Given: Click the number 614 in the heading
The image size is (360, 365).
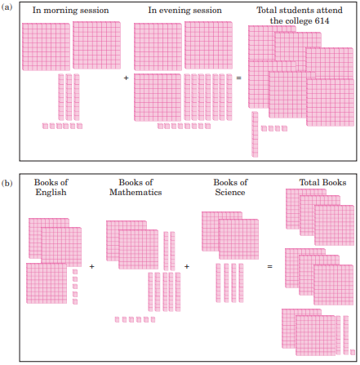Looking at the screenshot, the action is click(322, 21).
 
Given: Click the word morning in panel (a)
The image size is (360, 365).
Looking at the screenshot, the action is click(63, 11).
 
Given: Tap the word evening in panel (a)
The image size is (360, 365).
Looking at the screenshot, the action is click(175, 11).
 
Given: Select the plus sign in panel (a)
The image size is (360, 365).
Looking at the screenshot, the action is click(126, 78).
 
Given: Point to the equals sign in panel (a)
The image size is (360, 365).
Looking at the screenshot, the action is click(239, 78).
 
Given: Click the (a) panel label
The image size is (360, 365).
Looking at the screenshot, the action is click(7, 7).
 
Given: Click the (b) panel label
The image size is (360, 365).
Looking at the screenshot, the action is click(7, 183).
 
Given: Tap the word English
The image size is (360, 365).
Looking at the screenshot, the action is click(51, 193).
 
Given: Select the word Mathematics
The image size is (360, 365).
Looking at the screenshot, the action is click(136, 192).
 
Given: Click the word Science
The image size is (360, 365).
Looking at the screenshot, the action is click(230, 192).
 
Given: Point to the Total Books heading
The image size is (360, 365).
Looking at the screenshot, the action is click(322, 182).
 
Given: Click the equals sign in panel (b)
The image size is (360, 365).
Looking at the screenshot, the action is click(269, 266).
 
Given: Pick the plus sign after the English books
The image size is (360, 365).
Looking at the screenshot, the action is click(91, 266).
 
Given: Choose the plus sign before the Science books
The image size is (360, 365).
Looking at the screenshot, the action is click(187, 266).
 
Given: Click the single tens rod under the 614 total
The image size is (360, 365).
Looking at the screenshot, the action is click(255, 135).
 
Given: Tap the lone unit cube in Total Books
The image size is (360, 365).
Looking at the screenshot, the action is click(353, 352).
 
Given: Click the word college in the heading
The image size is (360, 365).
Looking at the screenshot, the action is click(298, 21).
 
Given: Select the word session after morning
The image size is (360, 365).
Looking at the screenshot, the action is click(96, 11).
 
